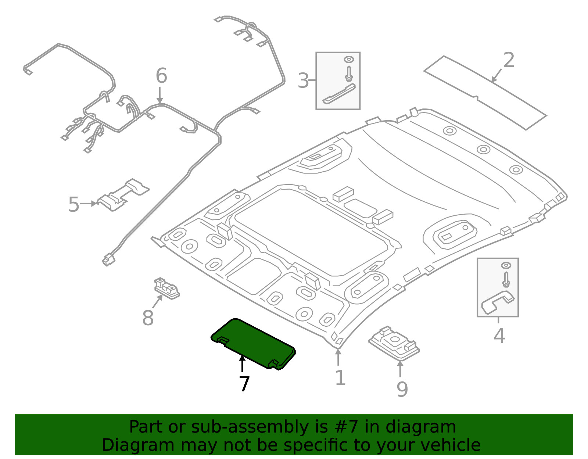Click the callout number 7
coord(244,384)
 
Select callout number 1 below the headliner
coord(340,378)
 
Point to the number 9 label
coord(402,389)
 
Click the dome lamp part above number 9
coord(394,343)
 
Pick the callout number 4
coord(499,336)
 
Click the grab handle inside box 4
coord(497,302)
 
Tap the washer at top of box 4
coord(506,265)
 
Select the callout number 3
coord(303,80)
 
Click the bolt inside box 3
coord(349,73)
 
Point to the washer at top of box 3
coord(349,60)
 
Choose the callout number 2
coord(509,60)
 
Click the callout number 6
coord(162,75)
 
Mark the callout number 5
coord(73,204)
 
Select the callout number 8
coord(148,318)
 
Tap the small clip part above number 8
coord(167,288)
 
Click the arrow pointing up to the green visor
coord(242,364)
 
